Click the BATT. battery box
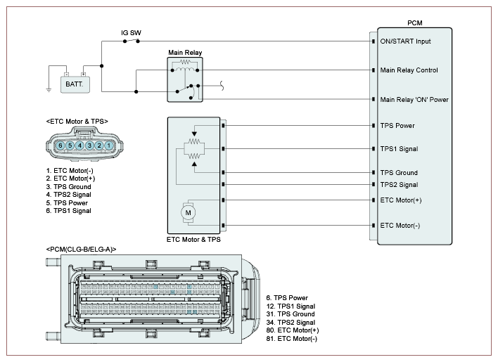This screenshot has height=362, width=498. pyautogui.click(x=73, y=83)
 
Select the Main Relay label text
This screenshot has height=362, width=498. pyautogui.click(x=185, y=53)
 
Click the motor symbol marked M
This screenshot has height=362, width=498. pyautogui.click(x=187, y=211)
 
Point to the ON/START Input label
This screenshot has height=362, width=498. pyautogui.click(x=405, y=41)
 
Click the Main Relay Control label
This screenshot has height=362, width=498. pyautogui.click(x=409, y=70)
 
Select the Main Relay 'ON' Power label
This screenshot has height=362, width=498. pyautogui.click(x=414, y=99)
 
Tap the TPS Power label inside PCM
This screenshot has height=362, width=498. pyautogui.click(x=397, y=126)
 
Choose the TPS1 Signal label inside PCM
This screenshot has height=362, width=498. pyautogui.click(x=399, y=149)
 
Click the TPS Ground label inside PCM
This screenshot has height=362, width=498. pyautogui.click(x=399, y=173)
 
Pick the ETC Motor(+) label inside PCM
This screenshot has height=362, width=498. pyautogui.click(x=400, y=200)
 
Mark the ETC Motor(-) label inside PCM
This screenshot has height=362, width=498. pyautogui.click(x=400, y=225)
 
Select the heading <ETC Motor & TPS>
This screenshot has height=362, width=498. pyautogui.click(x=77, y=122)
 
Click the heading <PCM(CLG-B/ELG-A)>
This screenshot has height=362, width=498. pyautogui.click(x=81, y=250)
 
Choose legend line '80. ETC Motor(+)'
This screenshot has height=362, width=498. pyautogui.click(x=293, y=330)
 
